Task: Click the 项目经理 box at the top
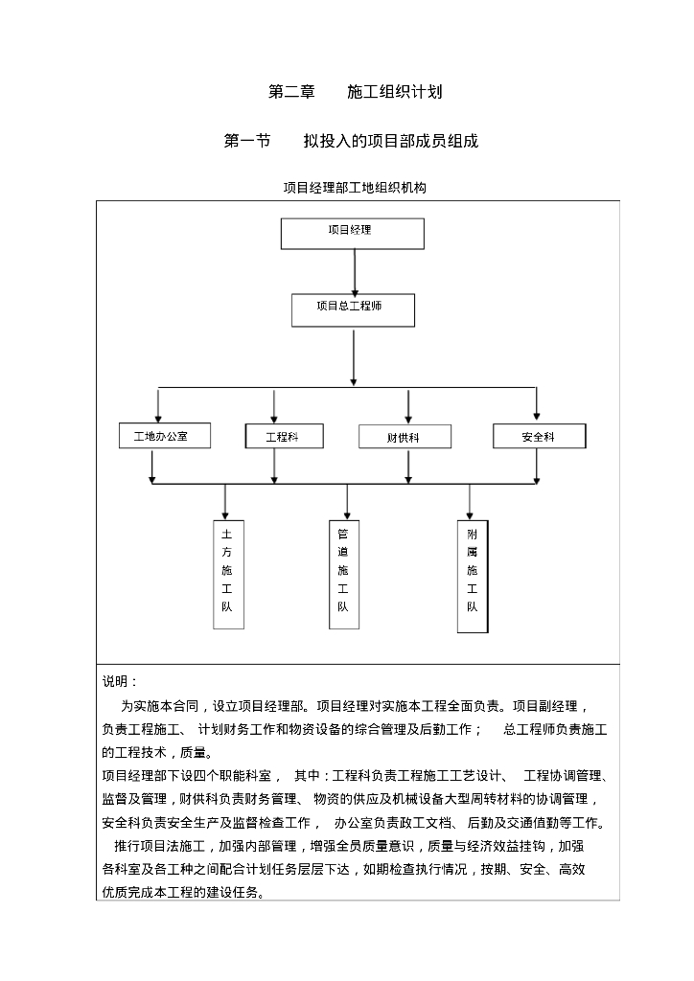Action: click(x=352, y=234)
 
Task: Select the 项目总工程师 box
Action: click(x=353, y=310)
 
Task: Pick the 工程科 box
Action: click(x=283, y=436)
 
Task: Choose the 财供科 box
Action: click(x=404, y=437)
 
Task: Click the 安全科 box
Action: click(x=539, y=436)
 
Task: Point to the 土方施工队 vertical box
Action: click(x=227, y=575)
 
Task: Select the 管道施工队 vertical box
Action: click(x=343, y=575)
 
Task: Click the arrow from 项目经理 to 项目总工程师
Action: click(x=355, y=271)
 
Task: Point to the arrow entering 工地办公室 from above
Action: click(x=159, y=403)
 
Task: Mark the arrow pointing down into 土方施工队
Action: click(x=225, y=502)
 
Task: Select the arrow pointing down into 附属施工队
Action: click(x=470, y=502)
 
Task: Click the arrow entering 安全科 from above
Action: click(x=537, y=403)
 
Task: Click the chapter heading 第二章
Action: click(x=291, y=93)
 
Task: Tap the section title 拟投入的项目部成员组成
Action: click(x=390, y=142)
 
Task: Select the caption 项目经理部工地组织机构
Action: click(x=354, y=188)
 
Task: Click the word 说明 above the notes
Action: click(x=119, y=681)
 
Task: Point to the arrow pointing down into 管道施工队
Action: click(x=347, y=502)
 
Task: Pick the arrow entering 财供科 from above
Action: click(x=409, y=405)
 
